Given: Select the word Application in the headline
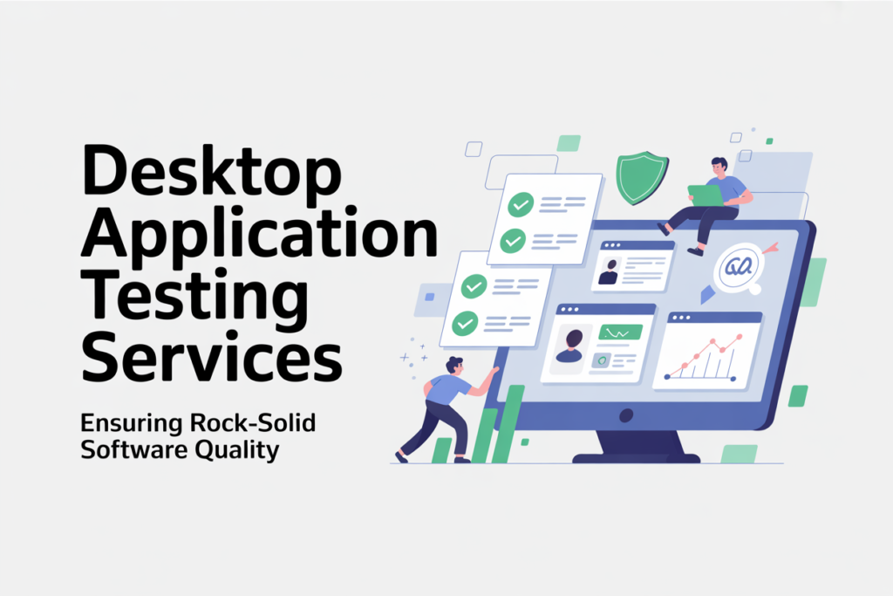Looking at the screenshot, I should click(x=259, y=235).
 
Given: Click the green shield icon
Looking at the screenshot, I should click(x=642, y=177).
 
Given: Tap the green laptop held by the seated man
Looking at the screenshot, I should click(x=706, y=195).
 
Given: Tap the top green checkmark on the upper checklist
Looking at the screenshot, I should click(x=521, y=204).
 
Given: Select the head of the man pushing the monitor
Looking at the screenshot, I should click(x=454, y=365).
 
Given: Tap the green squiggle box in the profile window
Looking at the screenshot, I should click(x=622, y=332).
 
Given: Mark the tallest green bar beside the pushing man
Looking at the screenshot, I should click(x=508, y=424).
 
